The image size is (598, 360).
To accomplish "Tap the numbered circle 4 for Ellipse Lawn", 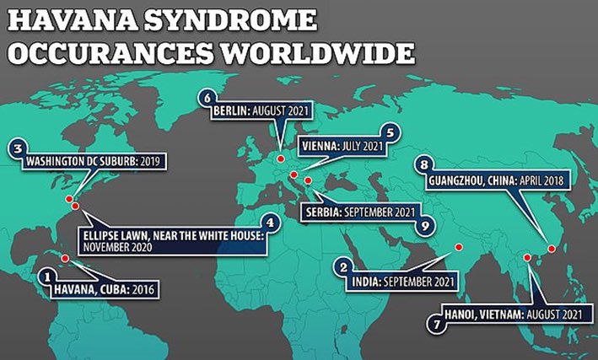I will pyautogui.click(x=269, y=223).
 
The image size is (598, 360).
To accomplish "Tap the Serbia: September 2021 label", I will pyautogui.click(x=358, y=212).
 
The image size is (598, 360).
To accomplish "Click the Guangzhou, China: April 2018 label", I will pyautogui.click(x=493, y=180).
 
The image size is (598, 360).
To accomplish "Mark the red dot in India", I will pyautogui.click(x=459, y=247).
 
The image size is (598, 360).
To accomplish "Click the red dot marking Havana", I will pyautogui.click(x=66, y=258).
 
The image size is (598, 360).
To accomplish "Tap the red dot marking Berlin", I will pyautogui.click(x=280, y=158).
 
